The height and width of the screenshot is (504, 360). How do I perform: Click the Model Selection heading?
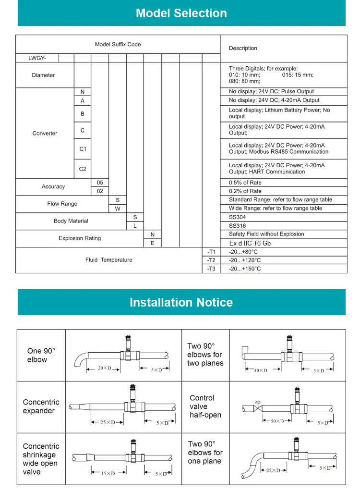181,13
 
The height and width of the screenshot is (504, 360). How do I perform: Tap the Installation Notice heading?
181,302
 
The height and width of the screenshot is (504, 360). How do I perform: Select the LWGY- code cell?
37,58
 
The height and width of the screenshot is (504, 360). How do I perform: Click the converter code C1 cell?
83,149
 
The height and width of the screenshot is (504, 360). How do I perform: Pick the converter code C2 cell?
83,169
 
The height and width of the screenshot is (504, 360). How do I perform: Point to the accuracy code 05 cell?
100,183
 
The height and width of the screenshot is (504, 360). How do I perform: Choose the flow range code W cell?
118,209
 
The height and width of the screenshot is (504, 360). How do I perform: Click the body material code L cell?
135,226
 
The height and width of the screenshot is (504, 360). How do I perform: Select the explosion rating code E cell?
153,243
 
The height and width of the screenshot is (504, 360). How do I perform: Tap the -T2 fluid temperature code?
211,260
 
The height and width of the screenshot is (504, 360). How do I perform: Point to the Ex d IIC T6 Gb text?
250,243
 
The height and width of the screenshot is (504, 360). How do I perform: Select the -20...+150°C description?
245,269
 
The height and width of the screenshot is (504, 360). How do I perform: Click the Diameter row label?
43,75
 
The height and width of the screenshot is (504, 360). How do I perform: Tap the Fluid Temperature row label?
109,260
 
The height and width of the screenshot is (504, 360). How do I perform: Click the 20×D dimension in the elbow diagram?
105,369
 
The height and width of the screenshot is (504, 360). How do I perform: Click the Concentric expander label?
41,406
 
